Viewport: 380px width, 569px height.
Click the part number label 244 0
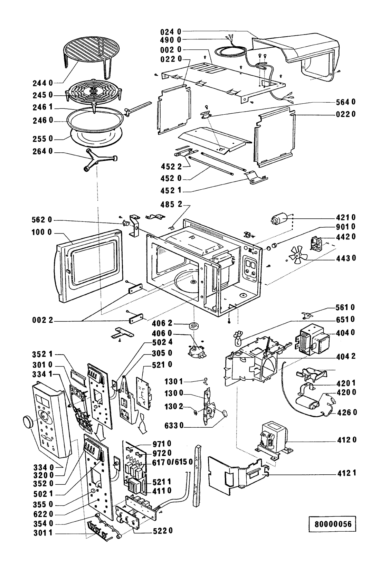(x=44, y=83)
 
